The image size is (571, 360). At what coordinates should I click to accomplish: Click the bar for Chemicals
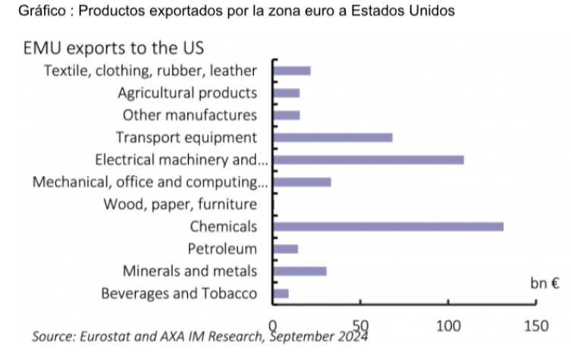(x=387, y=227)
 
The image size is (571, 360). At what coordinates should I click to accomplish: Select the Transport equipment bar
(x=332, y=137)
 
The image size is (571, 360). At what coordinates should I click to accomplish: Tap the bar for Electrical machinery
(x=368, y=160)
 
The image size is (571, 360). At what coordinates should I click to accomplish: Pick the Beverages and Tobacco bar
(x=281, y=293)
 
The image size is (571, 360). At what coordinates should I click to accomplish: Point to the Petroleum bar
(x=285, y=249)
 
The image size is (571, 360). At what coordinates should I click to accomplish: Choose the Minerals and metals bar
(x=300, y=271)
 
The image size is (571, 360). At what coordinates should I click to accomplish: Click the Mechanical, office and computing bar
(x=302, y=182)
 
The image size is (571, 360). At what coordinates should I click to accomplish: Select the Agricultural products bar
(x=286, y=92)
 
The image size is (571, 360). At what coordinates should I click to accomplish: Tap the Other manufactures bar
(x=286, y=115)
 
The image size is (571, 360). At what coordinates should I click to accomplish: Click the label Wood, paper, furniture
(x=180, y=204)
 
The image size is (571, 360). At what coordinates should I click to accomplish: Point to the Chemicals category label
(x=223, y=226)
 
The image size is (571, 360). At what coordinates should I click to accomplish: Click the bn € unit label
(x=545, y=284)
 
